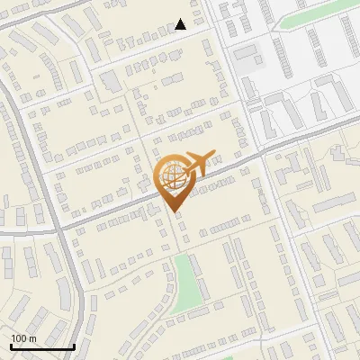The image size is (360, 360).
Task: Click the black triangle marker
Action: pyautogui.click(x=181, y=24)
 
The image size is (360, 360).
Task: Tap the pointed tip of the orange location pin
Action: pyautogui.click(x=174, y=212)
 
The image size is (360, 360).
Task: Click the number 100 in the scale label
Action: pyautogui.click(x=20, y=338)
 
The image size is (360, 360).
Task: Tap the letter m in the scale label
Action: pyautogui.click(x=33, y=338)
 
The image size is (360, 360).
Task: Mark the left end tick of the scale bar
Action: pyautogui.click(x=11, y=346)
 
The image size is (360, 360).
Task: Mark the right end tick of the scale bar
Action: pyautogui.click(x=74, y=346)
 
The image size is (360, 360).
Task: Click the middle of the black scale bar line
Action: pyautogui.click(x=42, y=346)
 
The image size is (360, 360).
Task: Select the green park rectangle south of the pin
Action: pyautogui.click(x=185, y=283)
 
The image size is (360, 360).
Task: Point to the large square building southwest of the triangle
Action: pyautogui.click(x=110, y=82)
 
